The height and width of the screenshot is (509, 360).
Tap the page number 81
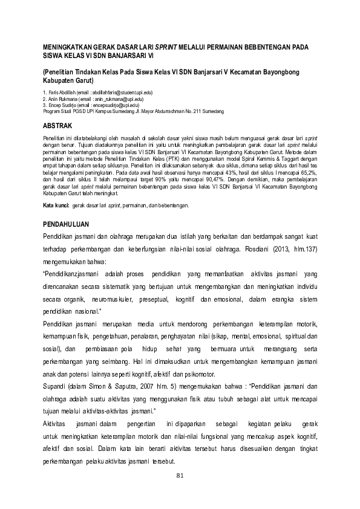pos(179,476)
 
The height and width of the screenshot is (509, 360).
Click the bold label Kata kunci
pos(56,206)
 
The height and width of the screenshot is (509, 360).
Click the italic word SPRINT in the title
pos(170,46)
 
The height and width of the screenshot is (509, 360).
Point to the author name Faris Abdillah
pos(64,91)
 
